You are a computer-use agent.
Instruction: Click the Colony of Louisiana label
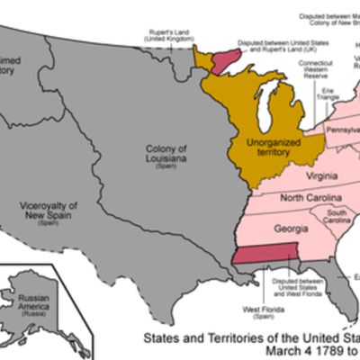(x=170, y=158)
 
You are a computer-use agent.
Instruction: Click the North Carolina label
(x=309, y=197)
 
